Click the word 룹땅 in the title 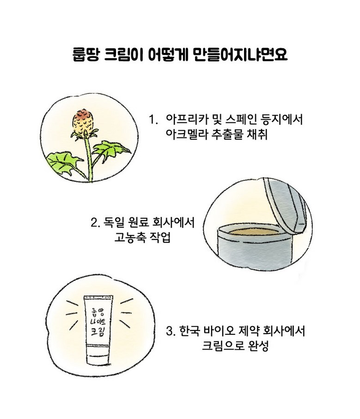coord(86,55)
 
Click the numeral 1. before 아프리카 coord(153,119)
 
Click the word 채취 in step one coord(257,135)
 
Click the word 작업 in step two coord(160,237)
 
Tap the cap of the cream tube coord(98,355)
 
